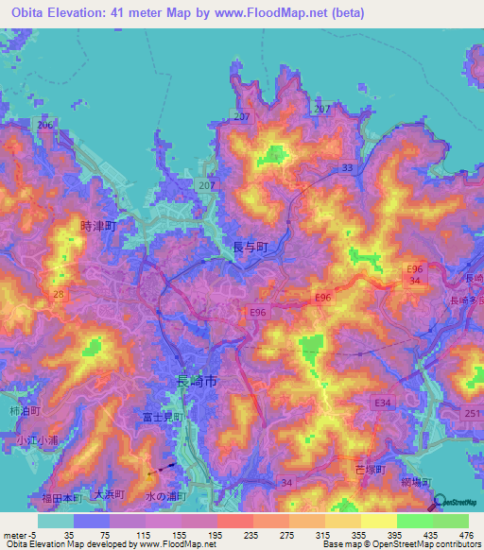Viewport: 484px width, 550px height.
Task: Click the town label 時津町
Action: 97,227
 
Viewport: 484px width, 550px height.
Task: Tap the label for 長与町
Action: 251,247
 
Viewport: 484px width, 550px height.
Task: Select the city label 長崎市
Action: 198,381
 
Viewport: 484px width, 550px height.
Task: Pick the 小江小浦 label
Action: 37,439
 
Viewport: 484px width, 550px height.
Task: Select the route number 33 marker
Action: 348,167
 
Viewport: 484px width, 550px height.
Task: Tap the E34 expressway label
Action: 383,404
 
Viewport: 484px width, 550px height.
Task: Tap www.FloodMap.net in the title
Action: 287,14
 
